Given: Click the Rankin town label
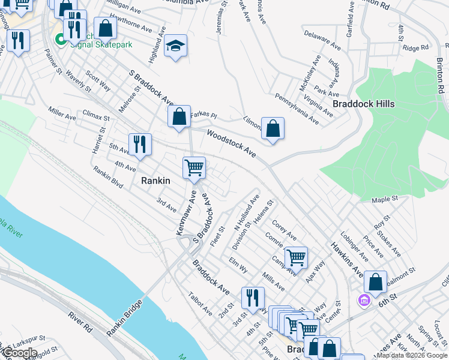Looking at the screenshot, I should [155, 181].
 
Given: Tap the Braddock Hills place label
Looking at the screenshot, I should [364, 104].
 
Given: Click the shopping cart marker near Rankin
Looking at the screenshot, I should [194, 167].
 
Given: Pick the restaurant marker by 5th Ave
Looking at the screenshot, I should [140, 144].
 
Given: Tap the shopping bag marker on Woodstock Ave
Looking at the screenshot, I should [273, 128].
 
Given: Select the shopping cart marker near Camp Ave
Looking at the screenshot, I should [296, 258].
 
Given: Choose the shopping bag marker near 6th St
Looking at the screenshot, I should [375, 282].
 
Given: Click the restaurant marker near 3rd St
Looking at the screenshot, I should [253, 298].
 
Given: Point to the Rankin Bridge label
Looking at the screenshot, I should [124, 317].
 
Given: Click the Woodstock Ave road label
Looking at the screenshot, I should [232, 143].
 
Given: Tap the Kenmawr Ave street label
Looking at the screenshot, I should [185, 212].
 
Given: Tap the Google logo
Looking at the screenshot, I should [19, 353].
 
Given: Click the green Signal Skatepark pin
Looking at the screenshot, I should [61, 40].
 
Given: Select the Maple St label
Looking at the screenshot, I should [385, 199].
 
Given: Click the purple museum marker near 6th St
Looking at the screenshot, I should [364, 299].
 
